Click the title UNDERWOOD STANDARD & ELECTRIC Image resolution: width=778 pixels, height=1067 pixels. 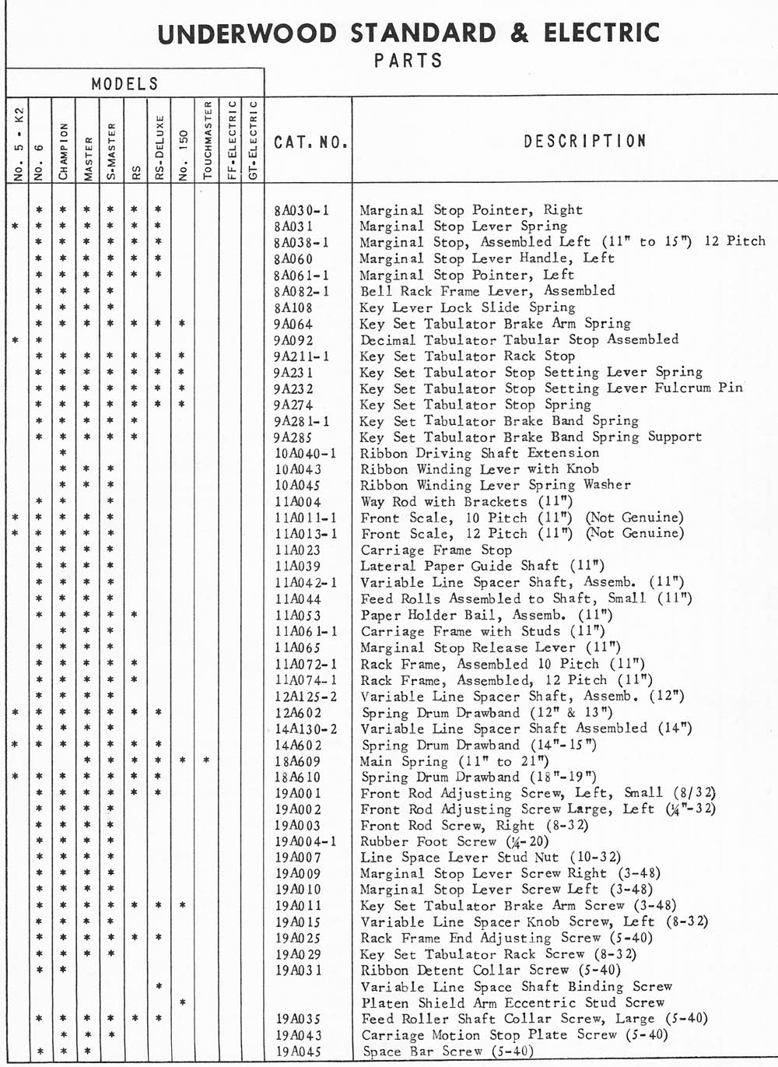[409, 33]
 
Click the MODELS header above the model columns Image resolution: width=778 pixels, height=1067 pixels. [124, 84]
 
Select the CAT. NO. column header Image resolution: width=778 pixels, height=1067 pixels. [310, 142]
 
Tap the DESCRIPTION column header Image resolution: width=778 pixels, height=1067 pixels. [585, 141]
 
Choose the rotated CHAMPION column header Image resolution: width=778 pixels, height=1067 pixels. [63, 151]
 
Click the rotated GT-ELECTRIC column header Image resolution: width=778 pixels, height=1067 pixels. [253, 140]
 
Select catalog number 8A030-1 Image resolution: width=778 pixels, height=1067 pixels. [302, 210]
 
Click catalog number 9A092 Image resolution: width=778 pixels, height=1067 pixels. [293, 340]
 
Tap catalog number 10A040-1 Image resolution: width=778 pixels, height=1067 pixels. [306, 454]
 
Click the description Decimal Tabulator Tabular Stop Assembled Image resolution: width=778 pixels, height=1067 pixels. [519, 339]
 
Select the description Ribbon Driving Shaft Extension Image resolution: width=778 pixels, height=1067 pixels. [479, 453]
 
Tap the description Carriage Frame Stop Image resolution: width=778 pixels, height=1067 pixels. [437, 549]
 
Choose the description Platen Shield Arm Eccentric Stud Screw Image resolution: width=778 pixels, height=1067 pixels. [513, 1002]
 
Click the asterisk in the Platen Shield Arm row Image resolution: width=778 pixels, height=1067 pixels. [181, 1002]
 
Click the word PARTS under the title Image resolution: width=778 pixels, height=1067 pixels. [408, 60]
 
